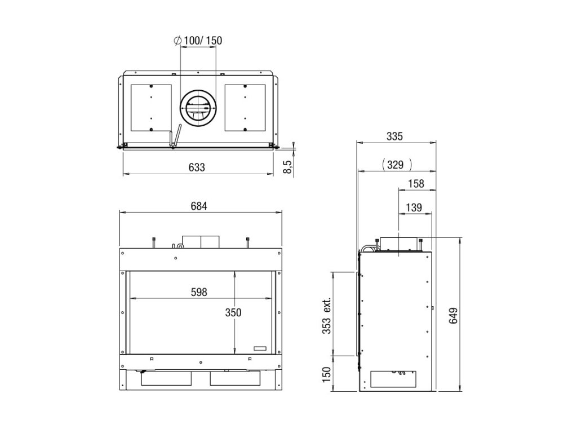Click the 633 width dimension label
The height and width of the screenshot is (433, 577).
(x=197, y=167)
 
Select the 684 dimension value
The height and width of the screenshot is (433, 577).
(x=199, y=206)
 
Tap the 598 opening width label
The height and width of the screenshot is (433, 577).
(x=199, y=293)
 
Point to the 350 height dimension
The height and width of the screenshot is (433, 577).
(x=233, y=312)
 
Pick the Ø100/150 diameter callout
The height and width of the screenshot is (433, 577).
(x=198, y=41)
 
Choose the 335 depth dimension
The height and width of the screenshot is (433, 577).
(x=395, y=136)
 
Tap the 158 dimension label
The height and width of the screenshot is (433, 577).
(x=416, y=184)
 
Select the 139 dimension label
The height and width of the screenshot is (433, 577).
(x=414, y=207)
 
